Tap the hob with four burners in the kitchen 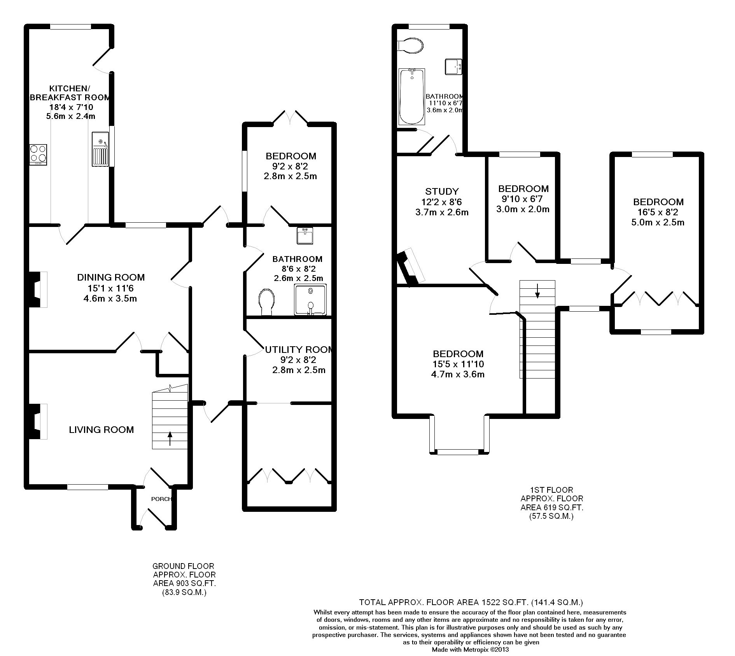point(38,155)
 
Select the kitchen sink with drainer point(100,149)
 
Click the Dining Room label point(111,277)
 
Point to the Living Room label point(101,429)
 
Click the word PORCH point(161,499)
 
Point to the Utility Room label point(299,349)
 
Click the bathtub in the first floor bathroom point(411,97)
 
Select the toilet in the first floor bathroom point(410,45)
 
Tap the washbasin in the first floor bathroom point(453,66)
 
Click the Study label point(442,191)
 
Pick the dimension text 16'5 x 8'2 point(658,212)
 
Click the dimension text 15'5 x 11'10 point(458,364)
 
